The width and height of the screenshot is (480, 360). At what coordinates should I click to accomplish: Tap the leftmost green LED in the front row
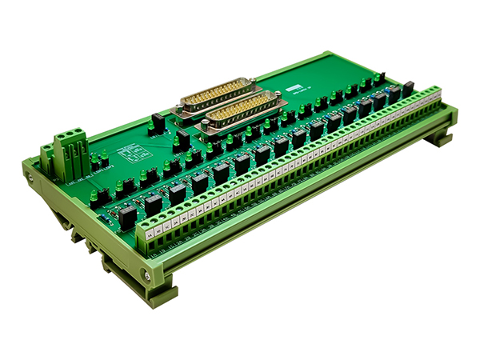[x=95, y=194]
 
